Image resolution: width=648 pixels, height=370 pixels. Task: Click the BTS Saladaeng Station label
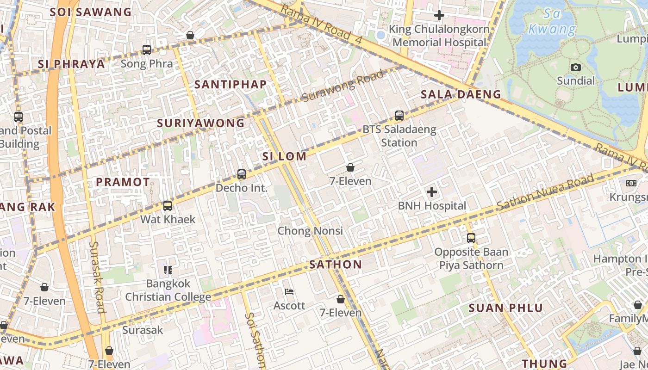[399, 136]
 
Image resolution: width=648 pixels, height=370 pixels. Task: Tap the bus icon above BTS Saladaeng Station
[399, 116]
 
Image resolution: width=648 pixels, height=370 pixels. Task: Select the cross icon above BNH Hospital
[432, 191]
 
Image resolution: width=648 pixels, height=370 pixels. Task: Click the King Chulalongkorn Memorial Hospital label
[439, 36]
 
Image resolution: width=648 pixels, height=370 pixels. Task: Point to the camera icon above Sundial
[576, 68]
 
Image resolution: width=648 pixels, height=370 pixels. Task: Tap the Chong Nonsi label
[310, 230]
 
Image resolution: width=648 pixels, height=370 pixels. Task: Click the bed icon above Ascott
[289, 292]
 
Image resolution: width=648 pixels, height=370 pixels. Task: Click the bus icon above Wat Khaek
[168, 205]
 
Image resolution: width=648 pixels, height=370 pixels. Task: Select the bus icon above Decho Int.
[242, 174]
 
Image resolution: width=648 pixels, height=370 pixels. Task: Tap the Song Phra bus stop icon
[147, 50]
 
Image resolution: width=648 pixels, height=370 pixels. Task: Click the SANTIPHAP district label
[231, 84]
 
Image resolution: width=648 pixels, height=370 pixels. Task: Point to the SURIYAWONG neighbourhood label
[200, 123]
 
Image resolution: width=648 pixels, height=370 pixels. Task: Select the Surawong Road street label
[343, 86]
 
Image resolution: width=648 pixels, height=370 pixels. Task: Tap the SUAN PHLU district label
[505, 308]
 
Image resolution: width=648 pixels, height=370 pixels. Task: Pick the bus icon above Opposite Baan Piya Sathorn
[471, 238]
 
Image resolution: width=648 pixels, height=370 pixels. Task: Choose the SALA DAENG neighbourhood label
[461, 95]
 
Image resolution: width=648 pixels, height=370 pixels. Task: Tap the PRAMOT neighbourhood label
[123, 182]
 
